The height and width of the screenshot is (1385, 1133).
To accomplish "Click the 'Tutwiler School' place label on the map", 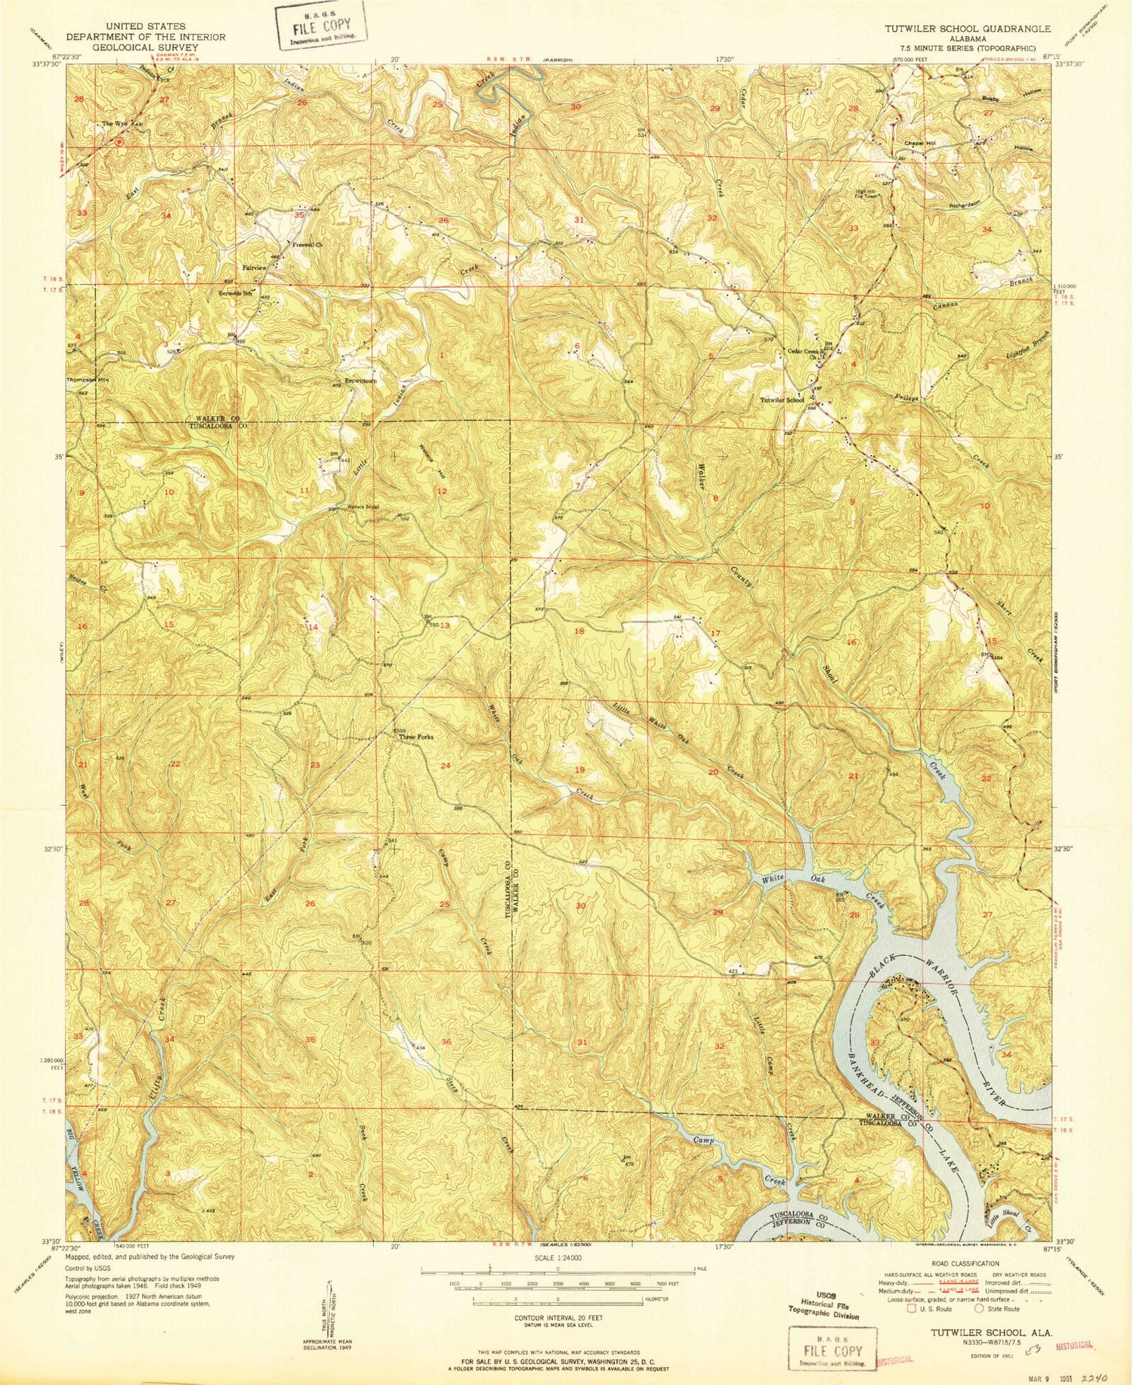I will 782,400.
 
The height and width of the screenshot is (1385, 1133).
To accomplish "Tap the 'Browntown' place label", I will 360,381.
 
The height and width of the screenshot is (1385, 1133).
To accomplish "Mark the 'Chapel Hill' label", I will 919,143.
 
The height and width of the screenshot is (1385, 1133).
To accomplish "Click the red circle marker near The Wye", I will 119,141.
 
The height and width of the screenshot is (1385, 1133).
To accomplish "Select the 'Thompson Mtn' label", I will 89,380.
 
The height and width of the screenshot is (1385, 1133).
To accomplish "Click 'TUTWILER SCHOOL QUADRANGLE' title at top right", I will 968,29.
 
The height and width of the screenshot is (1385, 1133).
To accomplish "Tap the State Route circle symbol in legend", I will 979,1309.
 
